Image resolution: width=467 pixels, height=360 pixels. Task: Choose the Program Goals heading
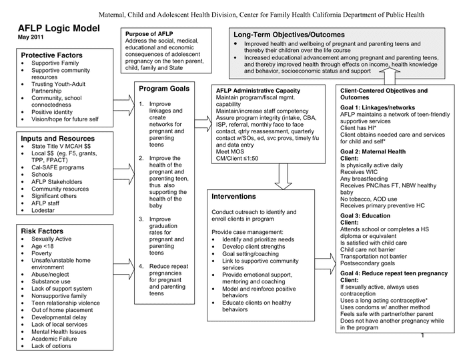coord(164,89)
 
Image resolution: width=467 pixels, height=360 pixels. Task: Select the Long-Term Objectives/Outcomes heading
coord(288,34)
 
